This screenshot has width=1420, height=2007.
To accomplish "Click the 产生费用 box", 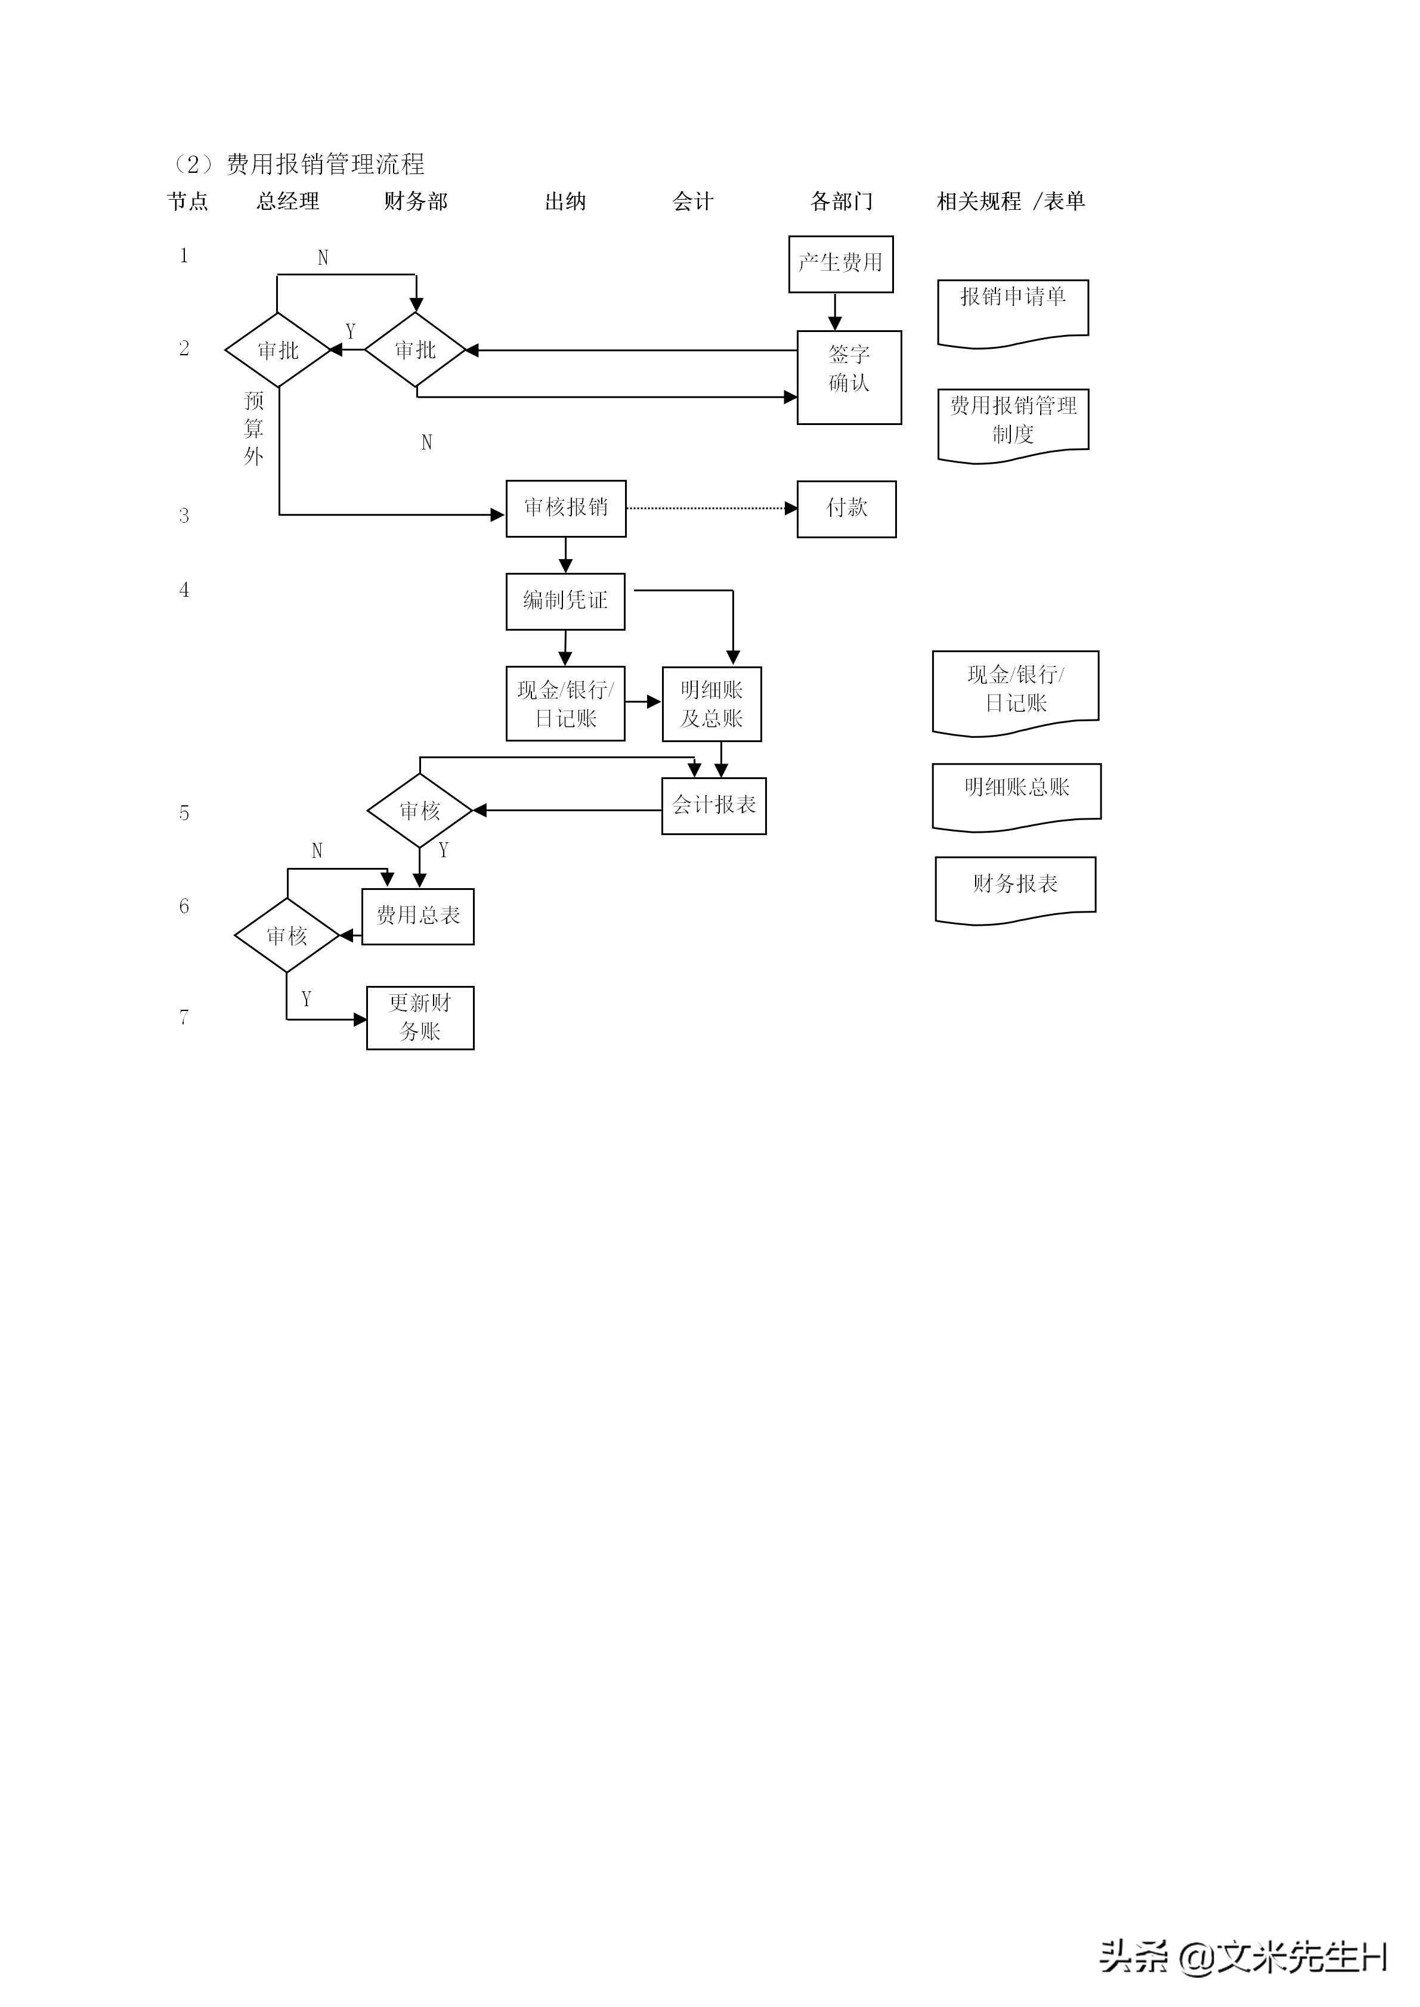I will click(x=840, y=264).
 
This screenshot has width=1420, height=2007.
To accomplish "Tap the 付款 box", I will click(x=846, y=508).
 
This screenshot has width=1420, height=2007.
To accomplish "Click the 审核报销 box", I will click(x=566, y=508).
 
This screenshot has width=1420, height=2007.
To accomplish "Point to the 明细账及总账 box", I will click(x=711, y=704).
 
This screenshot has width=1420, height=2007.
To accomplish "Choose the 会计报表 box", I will click(x=713, y=805).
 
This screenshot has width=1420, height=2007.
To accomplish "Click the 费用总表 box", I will click(x=418, y=916).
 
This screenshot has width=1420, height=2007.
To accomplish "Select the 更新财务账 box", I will click(x=420, y=1018).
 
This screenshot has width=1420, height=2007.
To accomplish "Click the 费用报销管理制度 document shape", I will click(x=1013, y=422).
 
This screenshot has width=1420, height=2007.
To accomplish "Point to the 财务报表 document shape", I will click(x=1015, y=887).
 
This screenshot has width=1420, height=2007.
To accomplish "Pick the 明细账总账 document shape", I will click(x=1016, y=793).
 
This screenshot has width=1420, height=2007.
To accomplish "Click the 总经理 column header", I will click(x=287, y=202).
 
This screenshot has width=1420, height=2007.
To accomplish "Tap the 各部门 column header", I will click(x=841, y=202).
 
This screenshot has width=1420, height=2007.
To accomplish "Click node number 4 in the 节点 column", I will click(x=184, y=590).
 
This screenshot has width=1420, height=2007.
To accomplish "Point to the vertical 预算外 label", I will click(x=253, y=429).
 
